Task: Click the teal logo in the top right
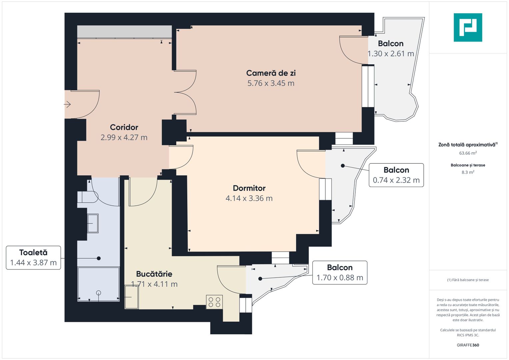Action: pyautogui.click(x=468, y=27)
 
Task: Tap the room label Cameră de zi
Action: pyautogui.click(x=271, y=73)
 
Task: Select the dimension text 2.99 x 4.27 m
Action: pyautogui.click(x=124, y=137)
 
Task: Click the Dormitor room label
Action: pyautogui.click(x=249, y=188)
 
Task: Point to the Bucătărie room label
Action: pyautogui.click(x=154, y=274)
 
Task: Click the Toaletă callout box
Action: pyautogui.click(x=33, y=258)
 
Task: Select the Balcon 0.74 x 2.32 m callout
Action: pyautogui.click(x=396, y=175)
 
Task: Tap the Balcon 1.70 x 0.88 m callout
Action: pyautogui.click(x=340, y=273)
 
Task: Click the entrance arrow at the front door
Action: pyautogui.click(x=67, y=105)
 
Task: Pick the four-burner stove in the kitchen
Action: pyautogui.click(x=214, y=302)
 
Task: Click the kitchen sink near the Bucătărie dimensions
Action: pyautogui.click(x=132, y=297)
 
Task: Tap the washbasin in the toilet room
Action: pyautogui.click(x=93, y=223)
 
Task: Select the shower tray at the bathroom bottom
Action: pyautogui.click(x=98, y=284)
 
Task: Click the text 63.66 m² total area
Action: pyautogui.click(x=468, y=153)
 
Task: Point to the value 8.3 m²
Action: pyautogui.click(x=468, y=172)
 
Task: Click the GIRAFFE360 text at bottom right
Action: pyautogui.click(x=468, y=345)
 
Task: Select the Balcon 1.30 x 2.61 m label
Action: pyautogui.click(x=391, y=49)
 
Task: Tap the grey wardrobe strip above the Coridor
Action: pyautogui.click(x=124, y=32)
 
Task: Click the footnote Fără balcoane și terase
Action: pyautogui.click(x=468, y=280)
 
